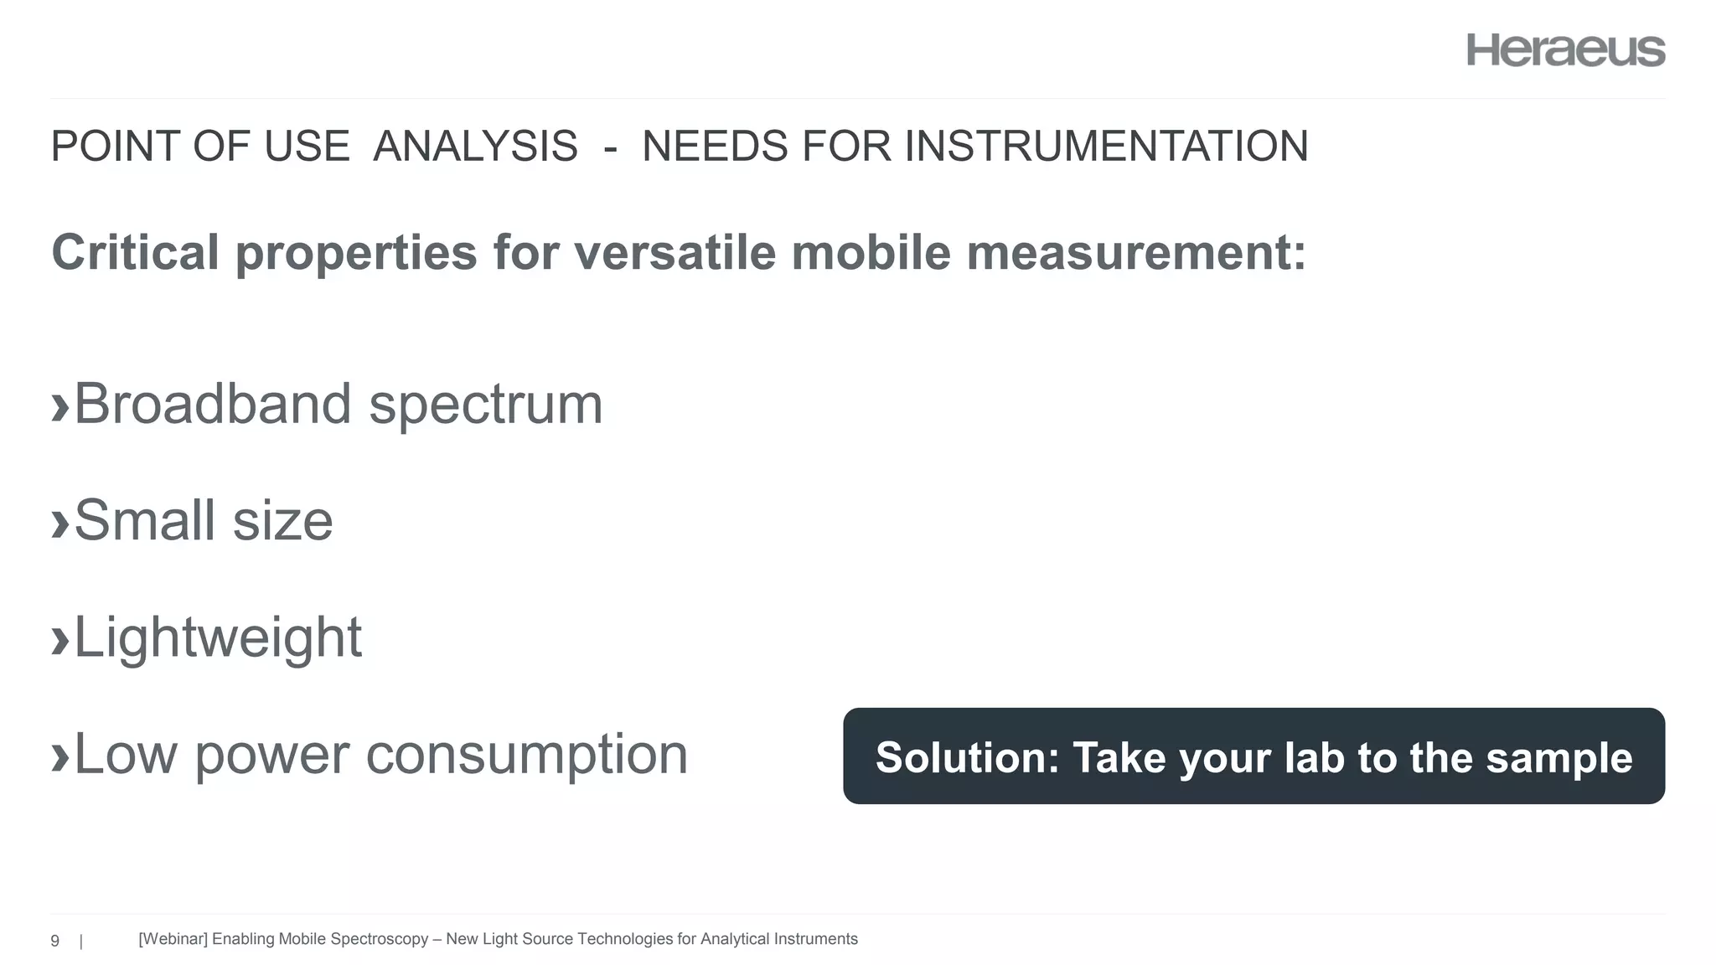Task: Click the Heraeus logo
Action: pyautogui.click(x=1565, y=50)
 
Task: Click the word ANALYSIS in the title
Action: pyautogui.click(x=475, y=147)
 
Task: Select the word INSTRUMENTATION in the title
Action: pyautogui.click(x=1105, y=147)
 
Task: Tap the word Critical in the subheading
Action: pyautogui.click(x=135, y=252)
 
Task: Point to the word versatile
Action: pyautogui.click(x=675, y=252)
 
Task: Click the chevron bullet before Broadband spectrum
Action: pyautogui.click(x=59, y=407)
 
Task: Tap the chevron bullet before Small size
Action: pyautogui.click(x=59, y=524)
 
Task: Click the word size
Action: pyautogui.click(x=282, y=521)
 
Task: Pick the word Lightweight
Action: pyautogui.click(x=218, y=638)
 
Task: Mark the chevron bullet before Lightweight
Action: pyautogui.click(x=59, y=641)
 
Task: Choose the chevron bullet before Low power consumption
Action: pyautogui.click(x=59, y=757)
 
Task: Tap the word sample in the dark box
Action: pyautogui.click(x=1559, y=757)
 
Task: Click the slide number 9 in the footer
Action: pyautogui.click(x=55, y=941)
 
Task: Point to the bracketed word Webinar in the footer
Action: pyautogui.click(x=173, y=939)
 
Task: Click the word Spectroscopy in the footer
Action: pyautogui.click(x=380, y=939)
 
